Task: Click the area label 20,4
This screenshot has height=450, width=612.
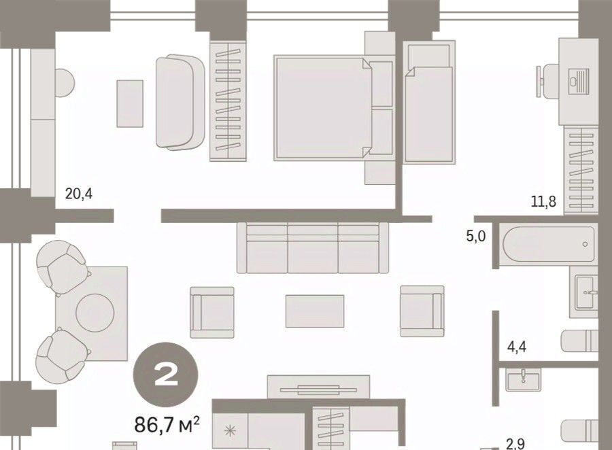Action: (79, 194)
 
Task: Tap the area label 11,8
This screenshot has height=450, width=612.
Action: (543, 202)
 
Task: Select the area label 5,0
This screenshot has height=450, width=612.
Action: (476, 236)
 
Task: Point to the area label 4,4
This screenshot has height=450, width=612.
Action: (516, 346)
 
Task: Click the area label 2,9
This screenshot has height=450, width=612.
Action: (515, 444)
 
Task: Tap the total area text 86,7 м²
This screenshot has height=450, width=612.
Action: (167, 425)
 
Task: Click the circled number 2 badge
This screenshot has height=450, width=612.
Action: (166, 375)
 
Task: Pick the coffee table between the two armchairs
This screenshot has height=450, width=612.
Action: (315, 311)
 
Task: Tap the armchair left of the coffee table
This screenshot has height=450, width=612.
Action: (212, 312)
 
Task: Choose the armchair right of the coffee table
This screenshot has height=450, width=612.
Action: (422, 311)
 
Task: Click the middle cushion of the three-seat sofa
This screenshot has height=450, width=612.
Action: (313, 249)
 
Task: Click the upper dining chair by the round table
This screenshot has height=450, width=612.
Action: (61, 266)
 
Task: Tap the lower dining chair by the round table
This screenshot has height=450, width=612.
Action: (61, 356)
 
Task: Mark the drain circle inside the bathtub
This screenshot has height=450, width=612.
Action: (585, 244)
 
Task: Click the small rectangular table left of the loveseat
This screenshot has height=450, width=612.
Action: (130, 103)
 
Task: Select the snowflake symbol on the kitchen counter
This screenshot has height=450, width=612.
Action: (230, 431)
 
